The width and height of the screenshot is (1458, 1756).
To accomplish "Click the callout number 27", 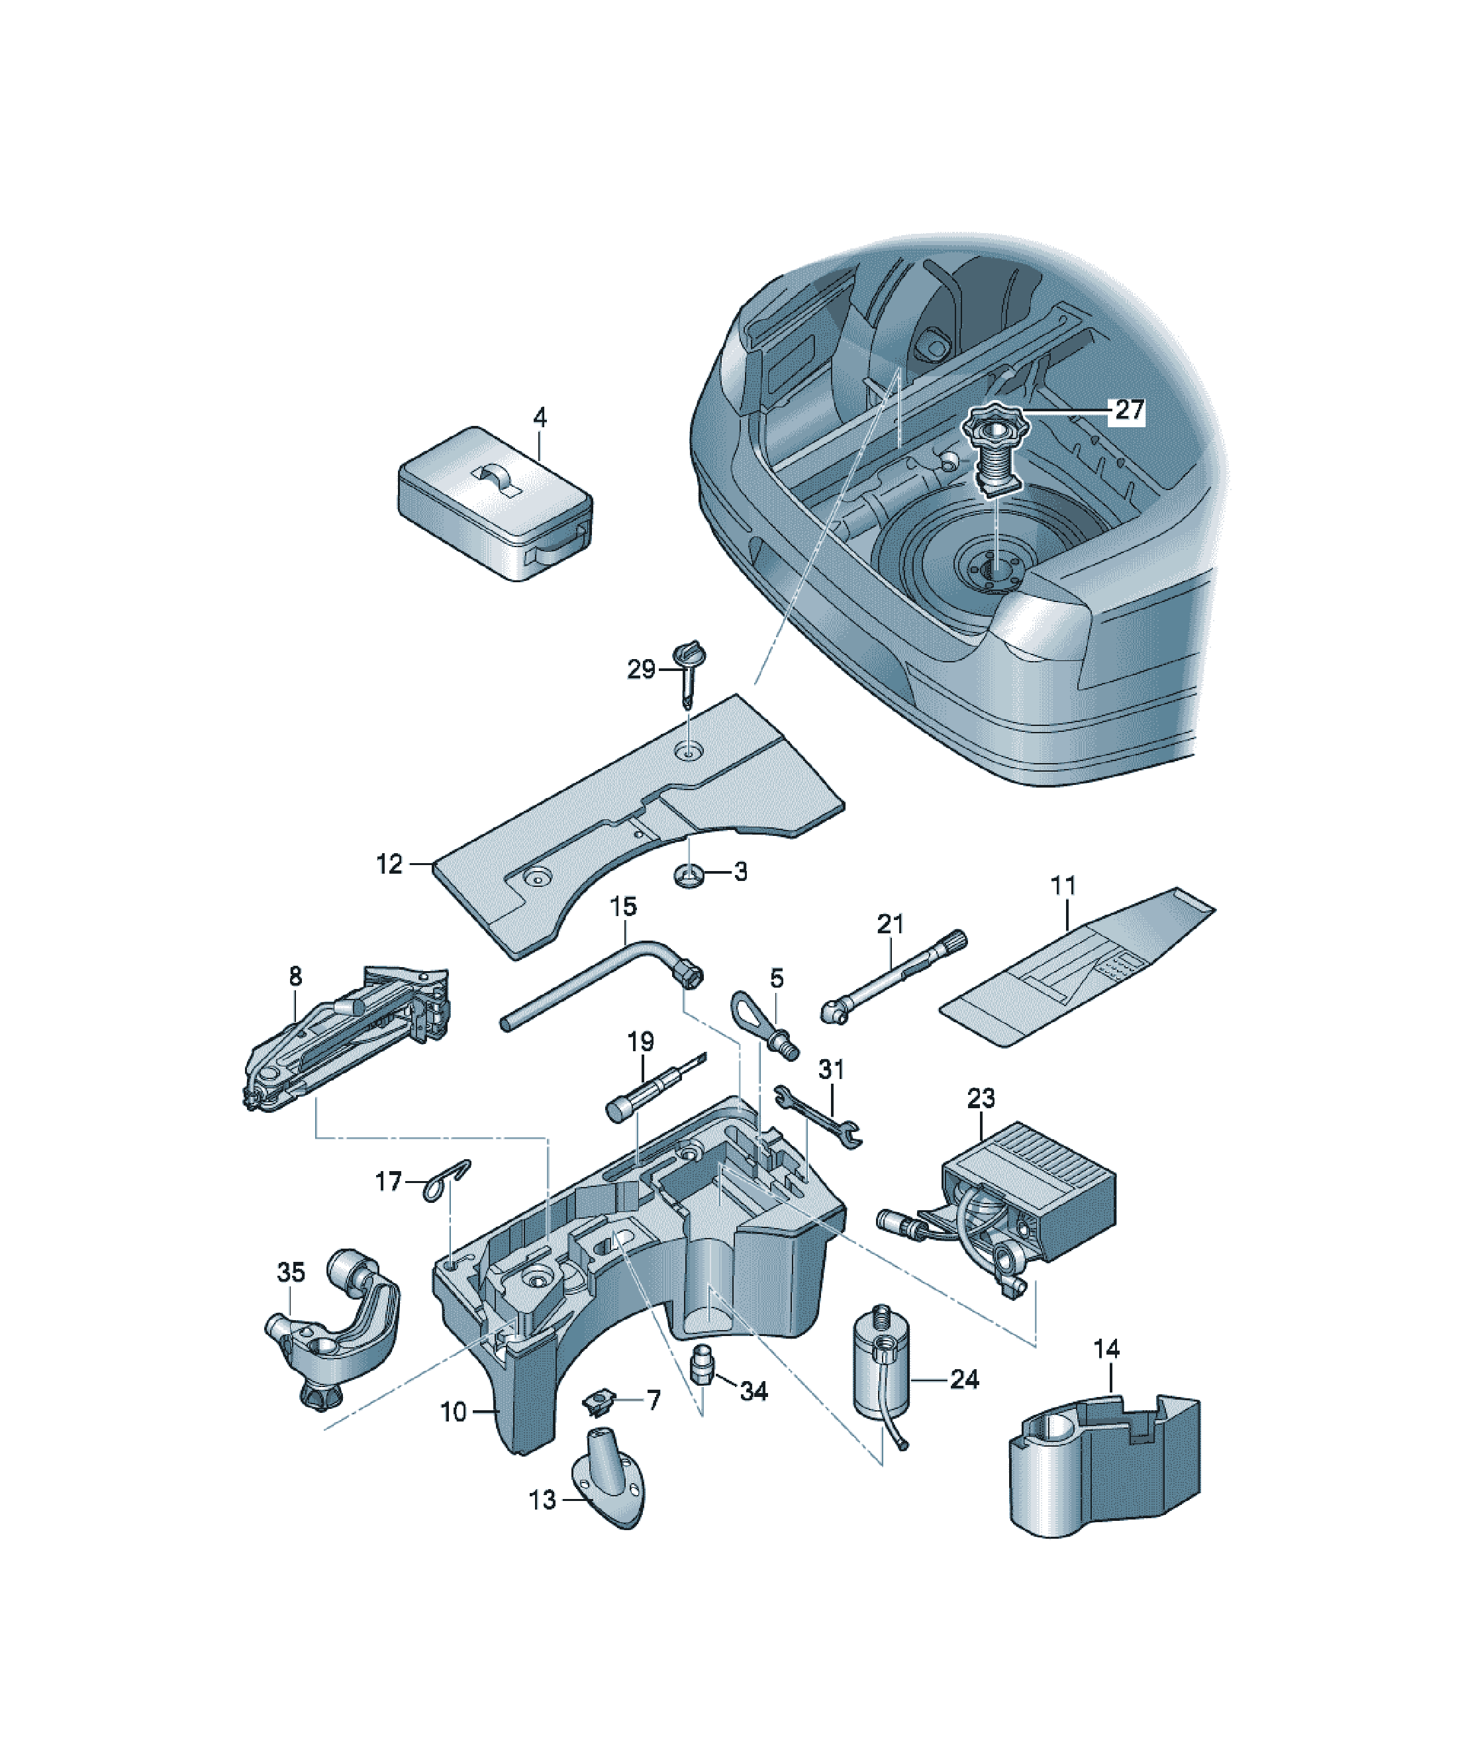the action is tap(1129, 410).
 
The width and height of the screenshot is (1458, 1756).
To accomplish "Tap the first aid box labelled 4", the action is tap(495, 504).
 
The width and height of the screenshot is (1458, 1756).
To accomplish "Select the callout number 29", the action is tap(641, 669).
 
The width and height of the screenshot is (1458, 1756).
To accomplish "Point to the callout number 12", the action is tap(389, 864).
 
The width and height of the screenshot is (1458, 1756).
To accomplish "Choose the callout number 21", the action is tap(891, 924).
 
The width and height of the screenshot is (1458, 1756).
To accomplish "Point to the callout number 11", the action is tap(1063, 886).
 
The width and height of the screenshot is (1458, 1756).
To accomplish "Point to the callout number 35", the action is tap(291, 1272).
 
